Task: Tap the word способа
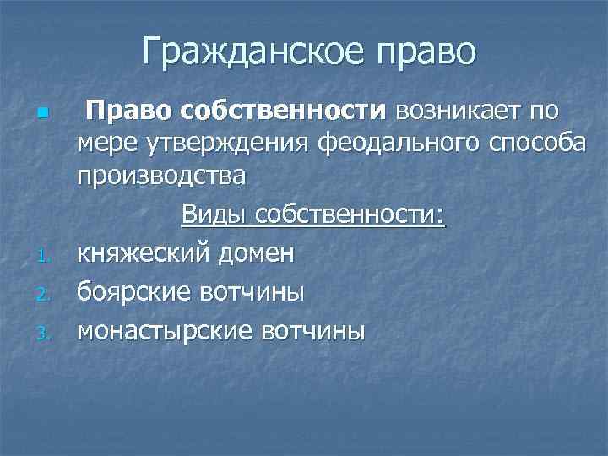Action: [537, 144]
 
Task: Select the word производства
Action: [162, 178]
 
